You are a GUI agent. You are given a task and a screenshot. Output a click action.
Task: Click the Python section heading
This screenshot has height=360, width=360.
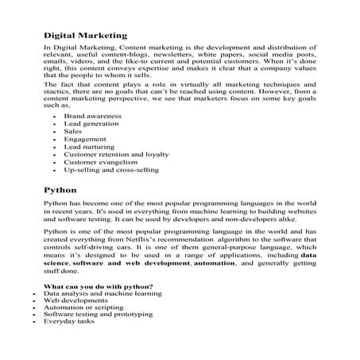(x=60, y=191)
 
